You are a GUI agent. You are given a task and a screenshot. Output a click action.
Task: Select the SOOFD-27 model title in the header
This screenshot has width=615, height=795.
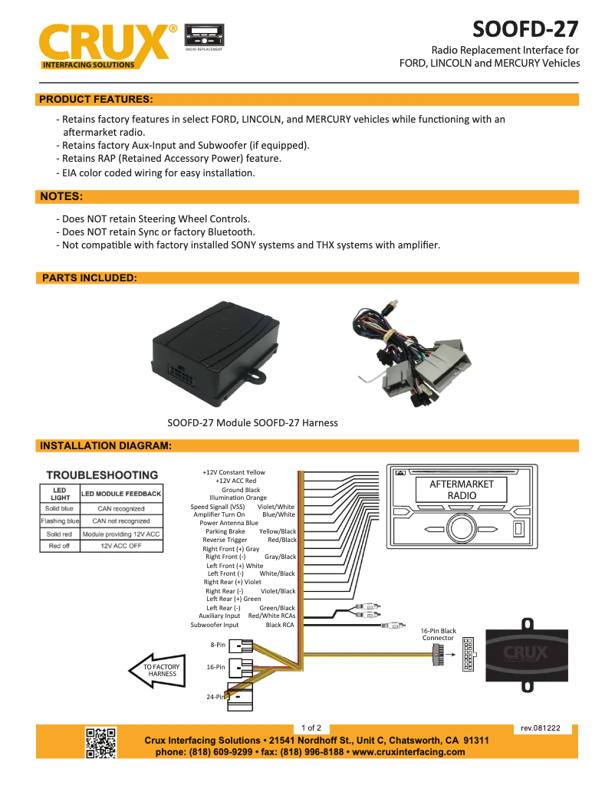click(525, 29)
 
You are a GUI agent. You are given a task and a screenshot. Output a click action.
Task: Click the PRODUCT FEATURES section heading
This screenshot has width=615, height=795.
click(96, 99)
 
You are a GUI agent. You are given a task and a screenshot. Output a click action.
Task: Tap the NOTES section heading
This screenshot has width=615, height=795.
click(61, 197)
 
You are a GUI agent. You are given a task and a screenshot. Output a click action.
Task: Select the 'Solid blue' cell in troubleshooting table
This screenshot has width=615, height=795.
click(59, 508)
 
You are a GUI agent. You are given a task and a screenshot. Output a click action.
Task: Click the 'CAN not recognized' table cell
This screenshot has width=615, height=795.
click(121, 521)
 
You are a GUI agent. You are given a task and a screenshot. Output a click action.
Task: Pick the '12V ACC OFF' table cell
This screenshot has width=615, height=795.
click(121, 546)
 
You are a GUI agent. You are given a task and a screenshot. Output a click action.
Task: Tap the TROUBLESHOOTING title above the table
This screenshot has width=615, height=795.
click(102, 475)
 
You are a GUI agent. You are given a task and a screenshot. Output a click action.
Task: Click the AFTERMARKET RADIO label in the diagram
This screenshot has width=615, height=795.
click(462, 489)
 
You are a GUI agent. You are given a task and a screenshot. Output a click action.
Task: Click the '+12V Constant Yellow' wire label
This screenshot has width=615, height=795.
click(234, 472)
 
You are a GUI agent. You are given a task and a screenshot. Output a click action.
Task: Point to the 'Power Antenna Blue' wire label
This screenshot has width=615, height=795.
click(229, 523)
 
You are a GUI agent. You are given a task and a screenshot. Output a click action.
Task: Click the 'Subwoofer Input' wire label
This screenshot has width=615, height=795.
click(215, 625)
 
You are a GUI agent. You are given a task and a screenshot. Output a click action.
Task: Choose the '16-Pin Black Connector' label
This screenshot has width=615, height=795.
click(438, 634)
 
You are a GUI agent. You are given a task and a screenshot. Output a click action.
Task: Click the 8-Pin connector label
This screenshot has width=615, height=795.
click(218, 645)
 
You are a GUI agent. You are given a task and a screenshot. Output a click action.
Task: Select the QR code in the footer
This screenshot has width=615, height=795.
click(100, 742)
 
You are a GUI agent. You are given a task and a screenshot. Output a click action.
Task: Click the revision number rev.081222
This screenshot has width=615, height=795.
click(541, 728)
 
